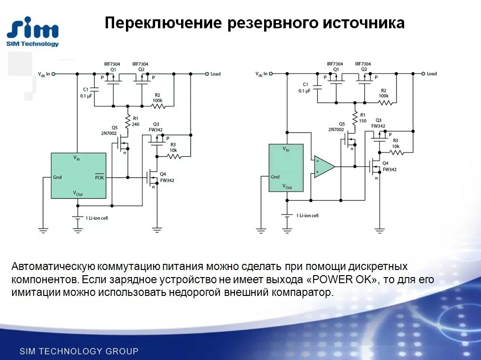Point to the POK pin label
tap(100, 177)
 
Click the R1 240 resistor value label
tap(136, 124)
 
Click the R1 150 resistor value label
tap(363, 121)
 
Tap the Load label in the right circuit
tap(431, 74)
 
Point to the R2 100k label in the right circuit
tap(384, 93)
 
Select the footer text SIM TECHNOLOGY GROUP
tap(79, 351)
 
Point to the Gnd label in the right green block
tap(275, 177)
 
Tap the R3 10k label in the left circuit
tap(173, 147)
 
